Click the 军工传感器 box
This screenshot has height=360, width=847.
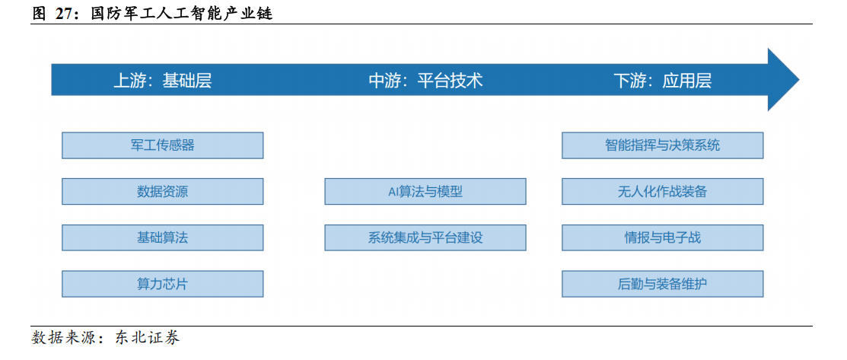(163, 145)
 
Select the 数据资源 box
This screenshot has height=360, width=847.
(163, 191)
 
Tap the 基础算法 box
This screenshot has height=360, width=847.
(163, 237)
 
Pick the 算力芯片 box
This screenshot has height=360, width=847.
(163, 284)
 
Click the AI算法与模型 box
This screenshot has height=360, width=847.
(425, 191)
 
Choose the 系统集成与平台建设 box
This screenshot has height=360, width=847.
(425, 237)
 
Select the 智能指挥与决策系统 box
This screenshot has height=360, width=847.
(663, 145)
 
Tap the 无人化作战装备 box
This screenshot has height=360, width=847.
(663, 191)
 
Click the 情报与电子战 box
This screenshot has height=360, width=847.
(663, 237)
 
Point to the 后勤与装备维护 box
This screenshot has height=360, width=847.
(663, 284)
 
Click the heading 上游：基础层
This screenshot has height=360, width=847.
(162, 81)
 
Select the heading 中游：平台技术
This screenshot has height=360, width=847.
(425, 81)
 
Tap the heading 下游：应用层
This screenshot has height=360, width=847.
(663, 81)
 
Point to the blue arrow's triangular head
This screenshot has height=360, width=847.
(781, 80)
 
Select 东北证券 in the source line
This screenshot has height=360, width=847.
(147, 339)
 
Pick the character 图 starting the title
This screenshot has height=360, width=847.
(39, 14)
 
